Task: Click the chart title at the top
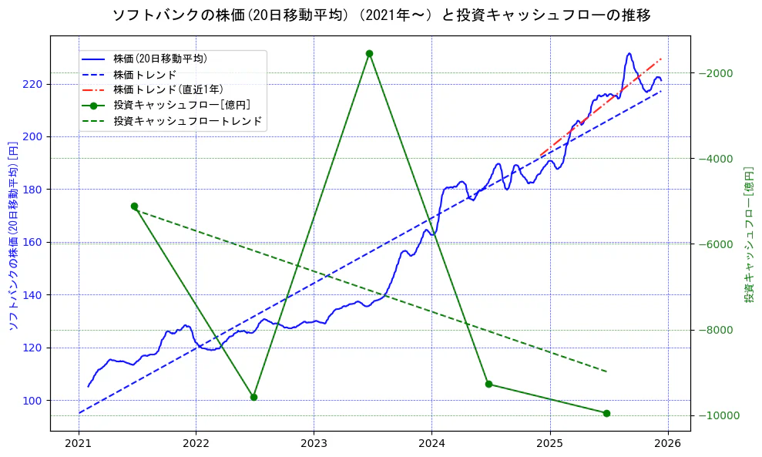381,15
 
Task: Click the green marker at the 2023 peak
369,53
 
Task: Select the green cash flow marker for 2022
253,397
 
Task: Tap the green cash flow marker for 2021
134,206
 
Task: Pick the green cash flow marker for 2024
488,384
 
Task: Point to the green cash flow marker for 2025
606,413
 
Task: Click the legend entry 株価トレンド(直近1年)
167,89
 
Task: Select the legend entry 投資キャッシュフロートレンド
187,121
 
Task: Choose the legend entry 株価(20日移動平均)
159,58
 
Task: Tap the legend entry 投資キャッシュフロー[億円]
181,105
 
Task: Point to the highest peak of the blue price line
629,53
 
